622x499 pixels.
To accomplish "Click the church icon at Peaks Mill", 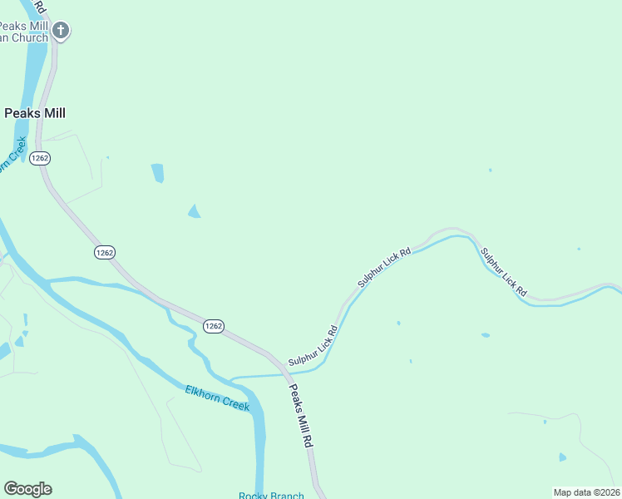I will tap(60, 31).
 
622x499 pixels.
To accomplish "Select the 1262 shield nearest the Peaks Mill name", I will tap(39, 158).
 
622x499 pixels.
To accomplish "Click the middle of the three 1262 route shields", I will tap(104, 252).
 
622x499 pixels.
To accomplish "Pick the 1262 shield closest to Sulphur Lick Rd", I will tap(213, 326).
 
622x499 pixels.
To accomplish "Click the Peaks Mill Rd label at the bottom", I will tap(300, 417).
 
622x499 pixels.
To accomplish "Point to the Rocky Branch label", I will tap(271, 496).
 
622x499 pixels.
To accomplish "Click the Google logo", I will tap(27, 489).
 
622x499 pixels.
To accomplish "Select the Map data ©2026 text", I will tap(587, 492).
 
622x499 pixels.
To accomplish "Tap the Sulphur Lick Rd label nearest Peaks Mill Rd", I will tap(313, 348).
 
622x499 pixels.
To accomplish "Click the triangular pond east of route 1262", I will tap(194, 211).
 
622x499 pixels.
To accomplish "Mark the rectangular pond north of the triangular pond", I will tap(157, 173).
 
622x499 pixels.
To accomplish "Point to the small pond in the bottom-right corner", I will tap(563, 457).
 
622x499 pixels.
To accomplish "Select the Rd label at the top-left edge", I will tap(40, 7).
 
